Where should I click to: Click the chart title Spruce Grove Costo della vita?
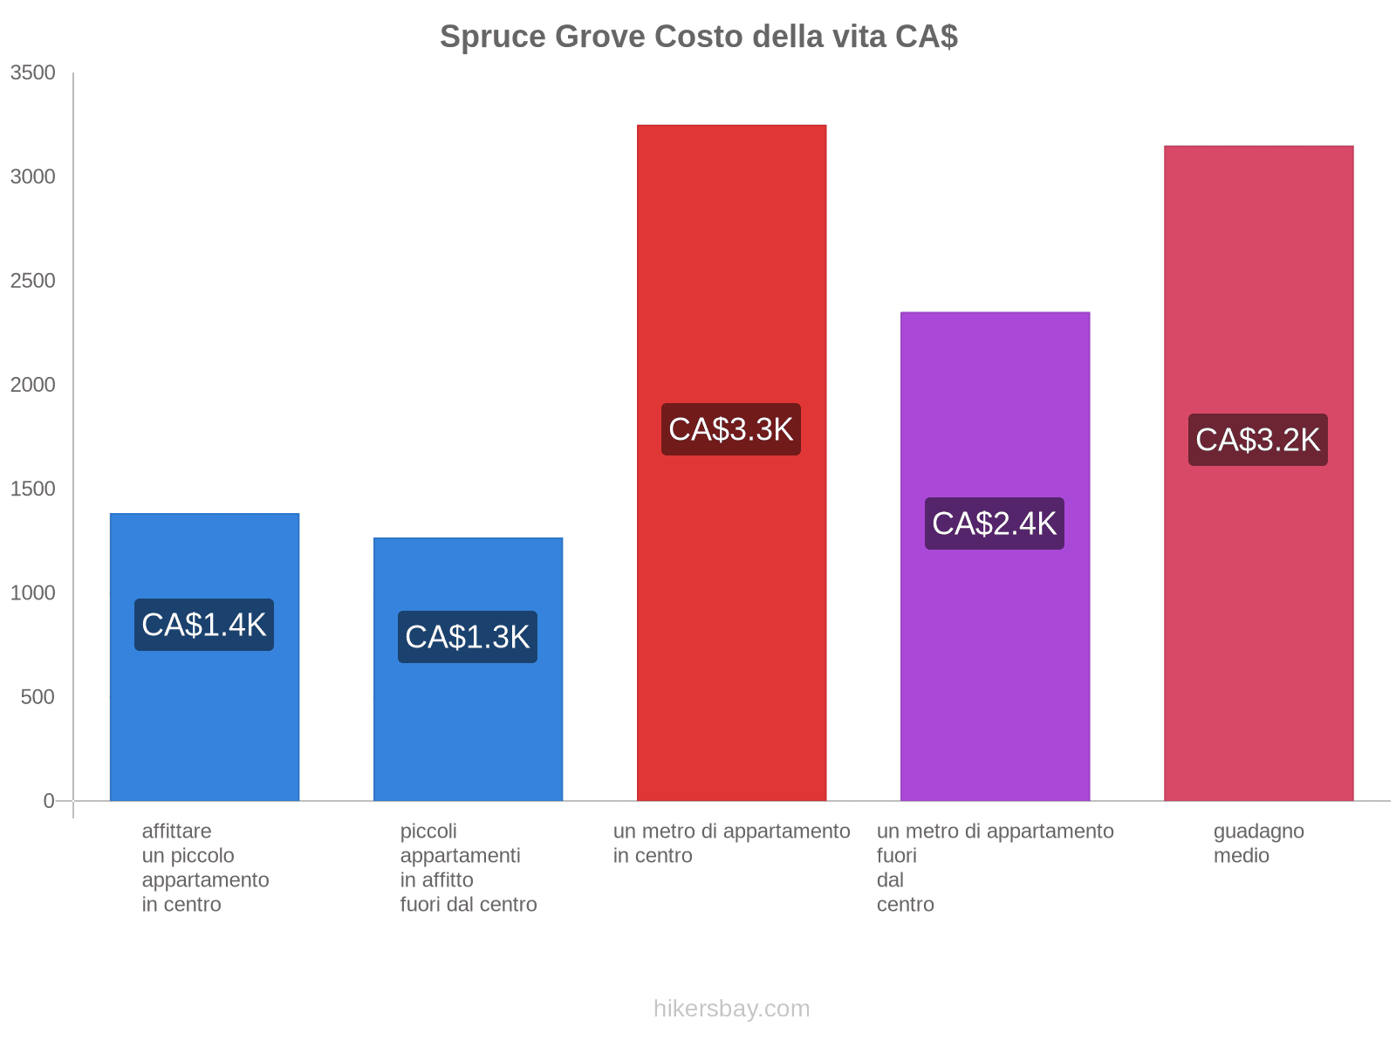(698, 37)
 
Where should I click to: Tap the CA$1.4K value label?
(204, 625)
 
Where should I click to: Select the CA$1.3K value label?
(468, 637)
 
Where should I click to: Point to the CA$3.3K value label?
(731, 429)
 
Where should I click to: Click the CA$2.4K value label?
(995, 523)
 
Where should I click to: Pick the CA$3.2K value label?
(1258, 440)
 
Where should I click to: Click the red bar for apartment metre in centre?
(731, 262)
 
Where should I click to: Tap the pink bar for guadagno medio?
(1258, 654)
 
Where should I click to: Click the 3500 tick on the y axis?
(33, 73)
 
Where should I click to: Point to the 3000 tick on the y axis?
(33, 177)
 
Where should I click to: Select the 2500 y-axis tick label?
(33, 281)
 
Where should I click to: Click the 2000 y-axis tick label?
(33, 385)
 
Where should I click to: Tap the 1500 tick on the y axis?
(33, 489)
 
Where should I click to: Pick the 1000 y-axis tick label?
(33, 593)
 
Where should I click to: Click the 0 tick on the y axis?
(49, 801)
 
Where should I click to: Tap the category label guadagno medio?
(1258, 843)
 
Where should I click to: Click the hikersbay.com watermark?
(731, 1009)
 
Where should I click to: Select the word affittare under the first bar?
(176, 831)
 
